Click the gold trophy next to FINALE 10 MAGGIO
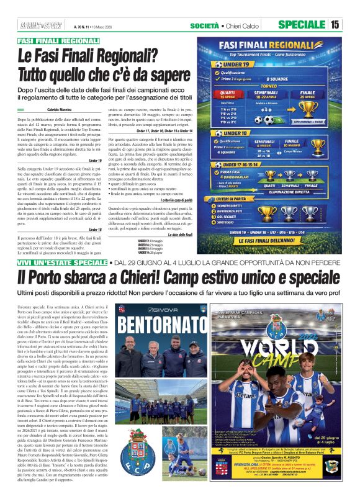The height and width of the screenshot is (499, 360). point(318,145)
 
